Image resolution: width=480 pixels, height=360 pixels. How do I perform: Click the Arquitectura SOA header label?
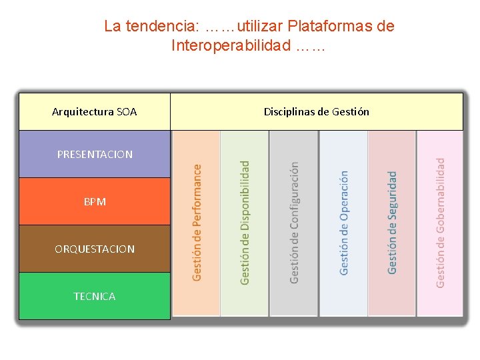coord(94,112)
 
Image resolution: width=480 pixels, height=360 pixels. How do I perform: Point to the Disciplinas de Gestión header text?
coord(316,112)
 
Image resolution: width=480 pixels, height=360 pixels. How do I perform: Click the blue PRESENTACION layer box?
coord(95,154)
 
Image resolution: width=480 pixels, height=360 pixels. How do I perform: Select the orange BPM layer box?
coord(95,201)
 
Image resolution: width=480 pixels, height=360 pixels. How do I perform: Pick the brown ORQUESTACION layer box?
coord(95,249)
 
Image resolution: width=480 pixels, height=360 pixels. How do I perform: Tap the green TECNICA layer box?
coord(95,296)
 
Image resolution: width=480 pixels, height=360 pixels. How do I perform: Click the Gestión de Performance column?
coord(197,223)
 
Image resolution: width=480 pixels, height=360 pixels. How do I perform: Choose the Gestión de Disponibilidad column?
coord(245,223)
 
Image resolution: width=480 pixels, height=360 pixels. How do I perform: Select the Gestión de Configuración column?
coord(294,223)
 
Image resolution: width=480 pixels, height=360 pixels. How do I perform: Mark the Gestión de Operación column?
coord(343,223)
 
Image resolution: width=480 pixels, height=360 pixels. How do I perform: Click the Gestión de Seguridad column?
coord(392,223)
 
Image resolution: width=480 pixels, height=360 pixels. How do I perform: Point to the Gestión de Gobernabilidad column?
coord(440,223)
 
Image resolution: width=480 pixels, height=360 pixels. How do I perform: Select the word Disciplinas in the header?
coord(289,112)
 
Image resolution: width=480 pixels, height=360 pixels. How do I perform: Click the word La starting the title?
coord(112,27)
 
